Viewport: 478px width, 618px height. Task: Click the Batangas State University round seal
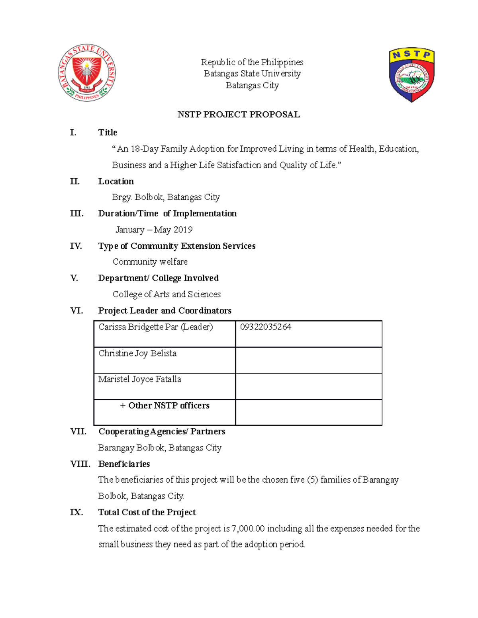click(87, 73)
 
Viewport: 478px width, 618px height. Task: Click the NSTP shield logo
click(411, 75)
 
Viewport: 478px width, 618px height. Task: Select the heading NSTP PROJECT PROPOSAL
click(238, 115)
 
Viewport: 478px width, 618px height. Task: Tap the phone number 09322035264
click(265, 327)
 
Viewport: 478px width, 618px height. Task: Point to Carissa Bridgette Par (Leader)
click(155, 327)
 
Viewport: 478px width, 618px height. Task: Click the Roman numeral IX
click(76, 512)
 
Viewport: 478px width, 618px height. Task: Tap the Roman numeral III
click(76, 214)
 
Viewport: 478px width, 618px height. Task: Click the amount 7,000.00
click(248, 528)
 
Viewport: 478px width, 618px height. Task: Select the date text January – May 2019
click(154, 230)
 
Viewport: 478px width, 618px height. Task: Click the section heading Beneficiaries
click(124, 464)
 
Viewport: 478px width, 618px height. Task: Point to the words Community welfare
click(150, 262)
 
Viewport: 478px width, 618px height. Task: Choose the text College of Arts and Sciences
click(166, 294)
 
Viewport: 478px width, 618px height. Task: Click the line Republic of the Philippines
click(252, 62)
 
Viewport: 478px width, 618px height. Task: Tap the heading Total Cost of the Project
click(147, 512)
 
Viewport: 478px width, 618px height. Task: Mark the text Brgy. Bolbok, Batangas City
click(166, 197)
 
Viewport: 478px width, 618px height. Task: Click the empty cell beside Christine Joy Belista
click(309, 360)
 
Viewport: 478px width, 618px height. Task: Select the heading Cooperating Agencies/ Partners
click(161, 431)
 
